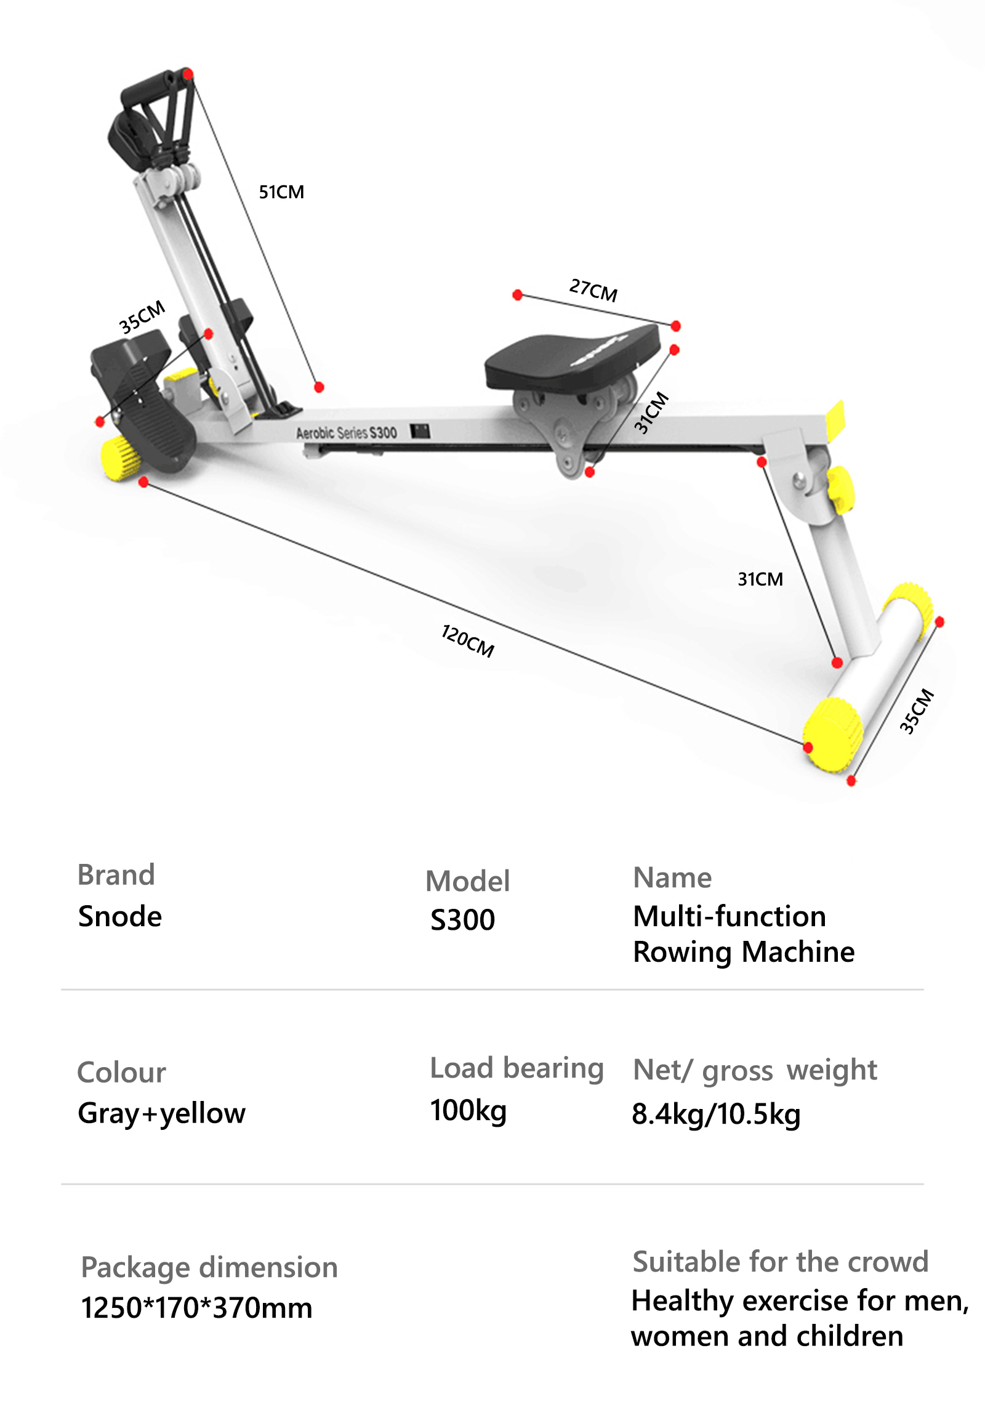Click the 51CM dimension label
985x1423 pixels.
coord(281,192)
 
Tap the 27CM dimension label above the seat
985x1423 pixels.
coord(593,290)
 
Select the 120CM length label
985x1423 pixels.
coord(468,641)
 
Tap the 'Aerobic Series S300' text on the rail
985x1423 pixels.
coord(346,433)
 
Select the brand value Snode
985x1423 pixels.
coord(119,916)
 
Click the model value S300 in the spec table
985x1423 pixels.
coord(462,920)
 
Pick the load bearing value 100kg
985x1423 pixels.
coord(468,1111)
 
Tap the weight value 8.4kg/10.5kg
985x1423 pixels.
coord(716,1115)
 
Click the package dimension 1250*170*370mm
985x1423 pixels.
coord(196,1308)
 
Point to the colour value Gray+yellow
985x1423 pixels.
coord(162,1114)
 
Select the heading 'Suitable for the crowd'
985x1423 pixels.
coord(780,1262)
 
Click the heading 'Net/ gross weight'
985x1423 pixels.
coord(754,1071)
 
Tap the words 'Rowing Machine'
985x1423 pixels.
coord(744,952)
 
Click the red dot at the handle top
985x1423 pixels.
coord(188,75)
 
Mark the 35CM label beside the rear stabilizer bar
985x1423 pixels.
coord(917,711)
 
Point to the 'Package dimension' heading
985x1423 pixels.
coord(209,1267)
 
